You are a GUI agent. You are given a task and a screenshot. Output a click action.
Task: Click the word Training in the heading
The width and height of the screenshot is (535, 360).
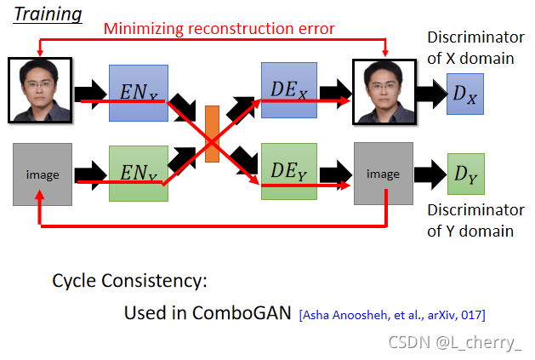click(48, 14)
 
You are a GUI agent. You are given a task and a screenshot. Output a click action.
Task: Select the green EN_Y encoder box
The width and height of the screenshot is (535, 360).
click(138, 174)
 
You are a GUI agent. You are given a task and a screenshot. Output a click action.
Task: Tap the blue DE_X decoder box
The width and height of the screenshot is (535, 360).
click(289, 89)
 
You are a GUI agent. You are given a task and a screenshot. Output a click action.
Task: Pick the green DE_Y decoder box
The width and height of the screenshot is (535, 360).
click(289, 171)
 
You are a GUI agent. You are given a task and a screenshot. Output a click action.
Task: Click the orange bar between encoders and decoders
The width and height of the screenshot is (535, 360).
click(213, 132)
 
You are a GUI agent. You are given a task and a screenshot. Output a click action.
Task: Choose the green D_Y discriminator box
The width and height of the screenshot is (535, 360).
click(465, 175)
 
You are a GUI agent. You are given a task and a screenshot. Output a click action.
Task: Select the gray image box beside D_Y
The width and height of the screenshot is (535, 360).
click(382, 174)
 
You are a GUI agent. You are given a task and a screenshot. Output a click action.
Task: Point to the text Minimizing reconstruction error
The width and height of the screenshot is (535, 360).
click(219, 30)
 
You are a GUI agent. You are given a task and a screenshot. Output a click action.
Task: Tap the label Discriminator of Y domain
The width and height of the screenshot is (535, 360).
click(475, 220)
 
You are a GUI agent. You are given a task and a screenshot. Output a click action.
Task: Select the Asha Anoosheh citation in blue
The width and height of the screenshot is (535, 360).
click(391, 315)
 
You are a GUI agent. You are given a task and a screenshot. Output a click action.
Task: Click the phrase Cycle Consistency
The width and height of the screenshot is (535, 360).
click(129, 281)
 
